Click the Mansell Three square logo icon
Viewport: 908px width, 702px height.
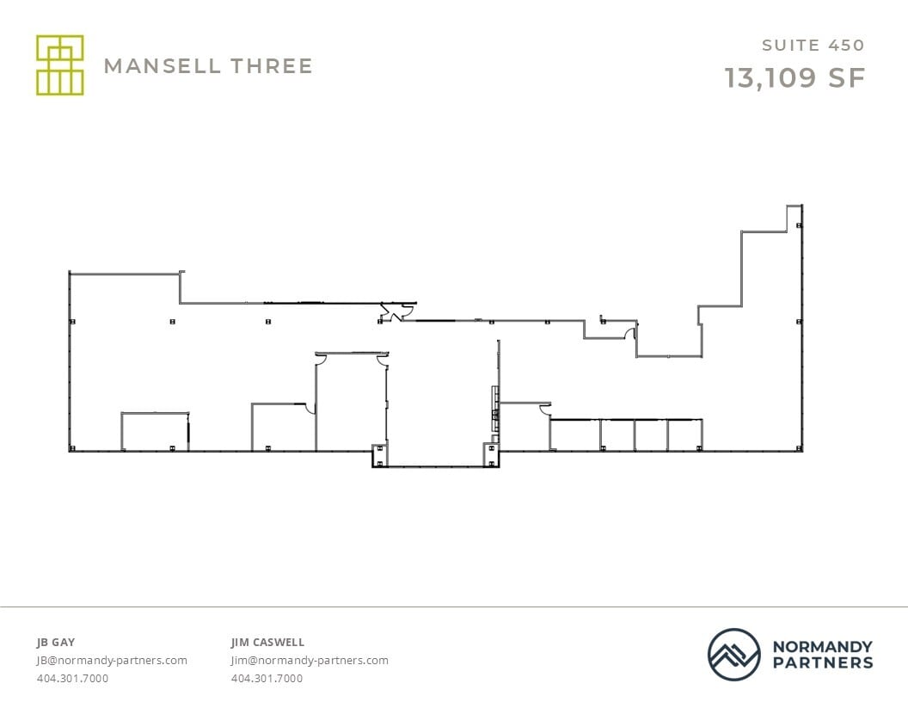pyautogui.click(x=59, y=65)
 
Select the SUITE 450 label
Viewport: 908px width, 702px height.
pyautogui.click(x=813, y=46)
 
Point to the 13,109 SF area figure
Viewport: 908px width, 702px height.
pyautogui.click(x=794, y=77)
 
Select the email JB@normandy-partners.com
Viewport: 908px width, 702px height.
pyautogui.click(x=112, y=661)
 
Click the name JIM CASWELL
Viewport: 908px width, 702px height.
pyautogui.click(x=267, y=642)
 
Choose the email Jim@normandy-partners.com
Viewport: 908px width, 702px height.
pyautogui.click(x=310, y=661)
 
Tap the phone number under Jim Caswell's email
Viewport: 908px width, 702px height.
pyautogui.click(x=267, y=679)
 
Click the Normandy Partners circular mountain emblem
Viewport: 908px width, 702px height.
pyautogui.click(x=733, y=654)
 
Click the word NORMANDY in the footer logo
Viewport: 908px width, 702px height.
pyautogui.click(x=822, y=646)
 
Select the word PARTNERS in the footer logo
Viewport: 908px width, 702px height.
pyautogui.click(x=822, y=662)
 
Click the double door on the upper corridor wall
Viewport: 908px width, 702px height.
pyautogui.click(x=393, y=314)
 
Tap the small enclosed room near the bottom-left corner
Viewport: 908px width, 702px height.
pyautogui.click(x=155, y=432)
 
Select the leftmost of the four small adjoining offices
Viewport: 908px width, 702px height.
pyautogui.click(x=574, y=434)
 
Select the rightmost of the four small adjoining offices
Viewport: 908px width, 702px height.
pyautogui.click(x=684, y=434)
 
